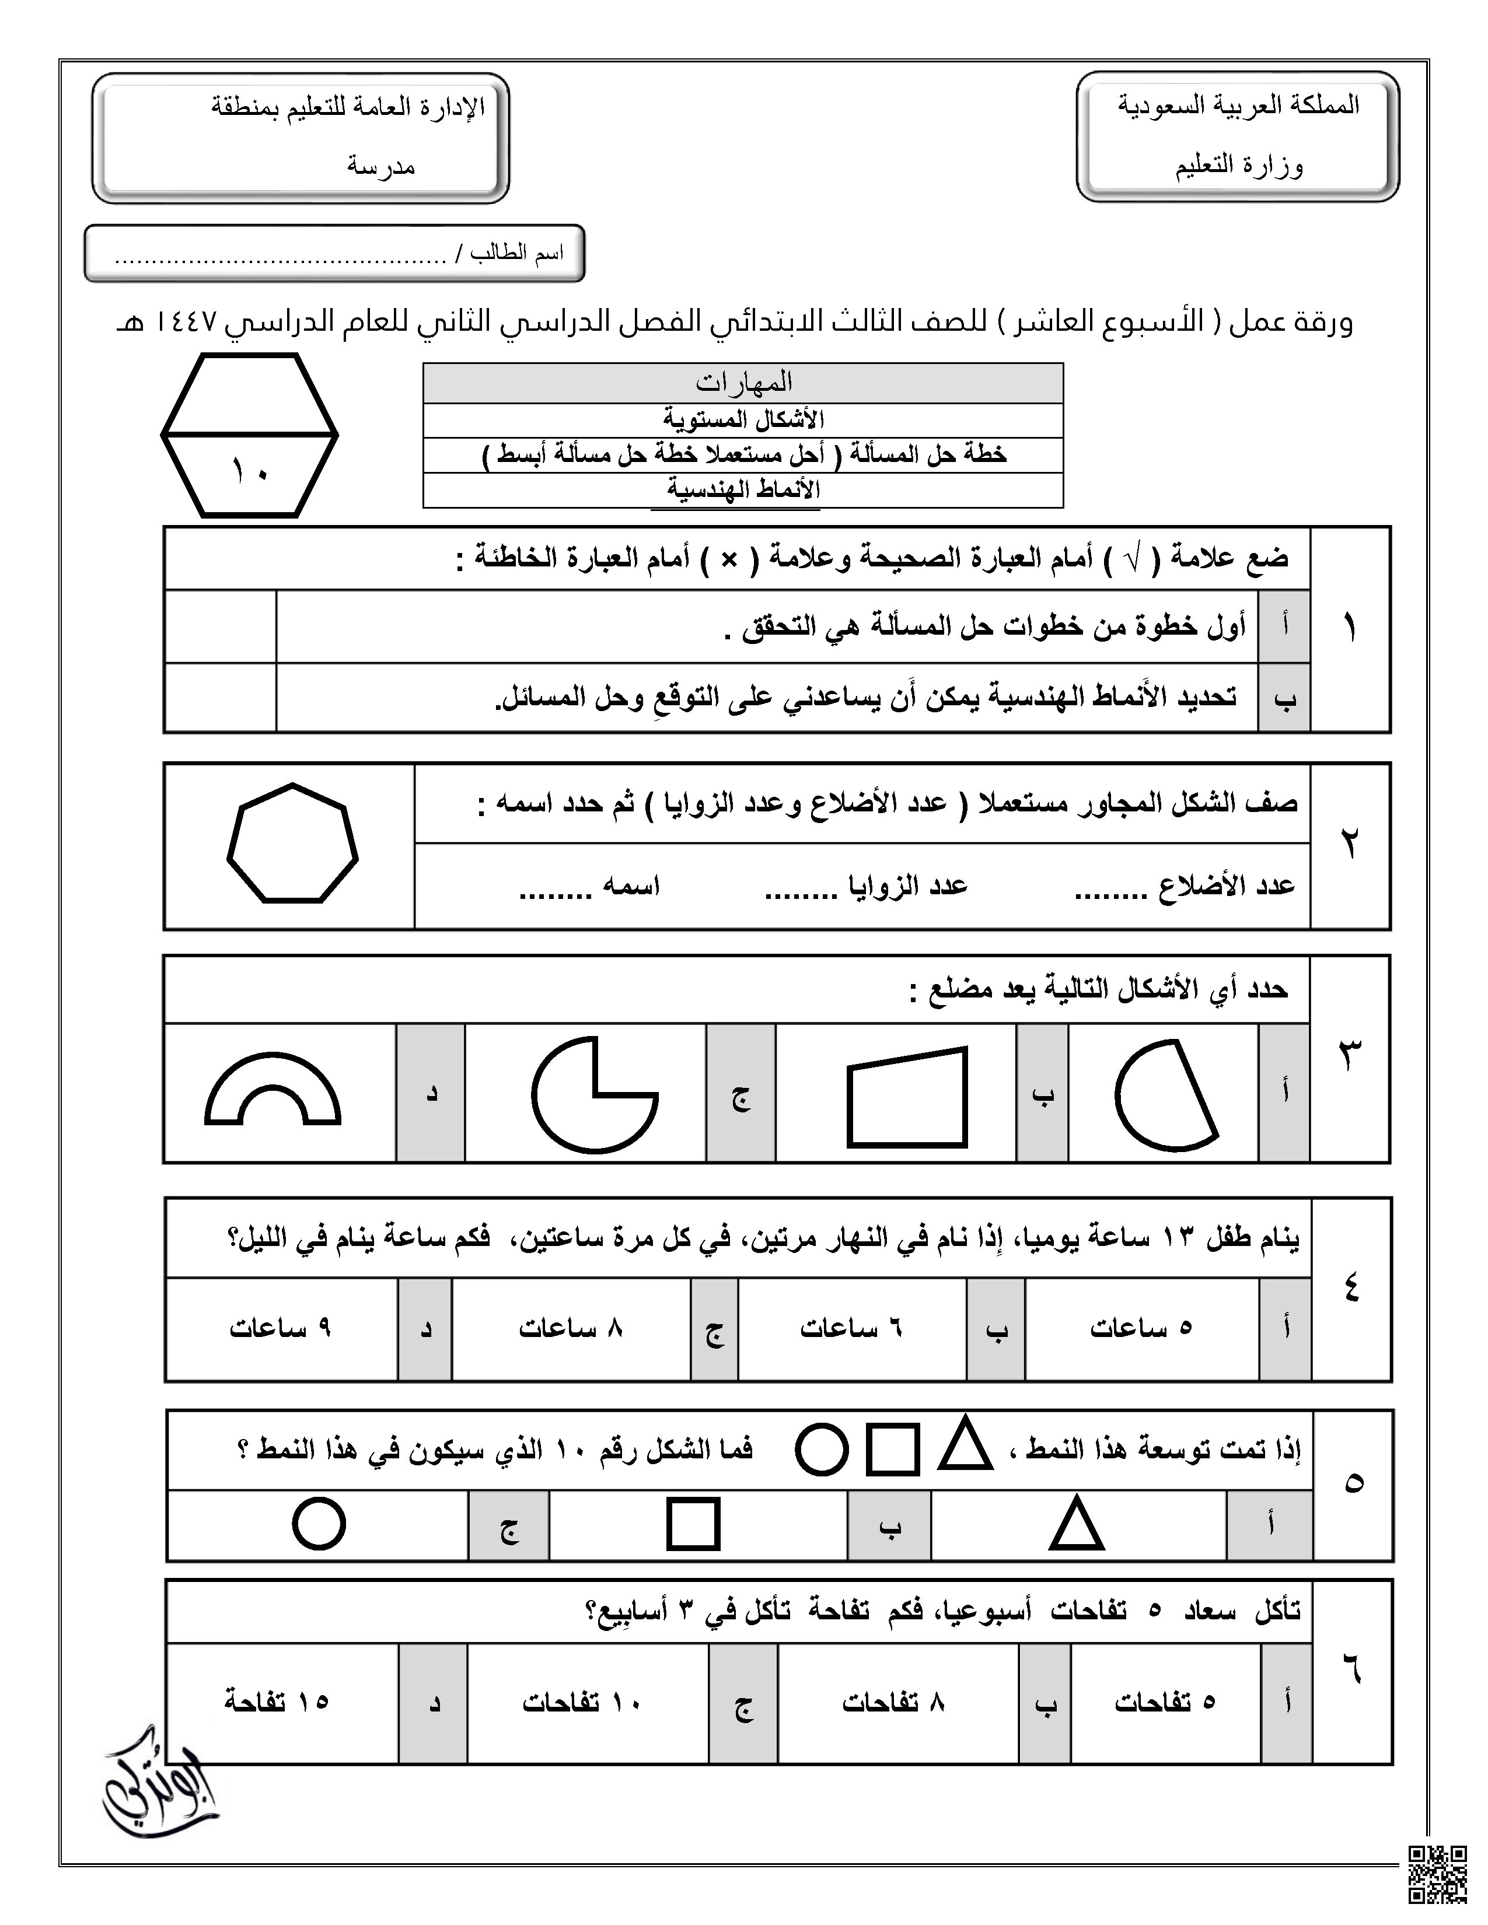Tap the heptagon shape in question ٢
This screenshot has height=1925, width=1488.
click(x=293, y=843)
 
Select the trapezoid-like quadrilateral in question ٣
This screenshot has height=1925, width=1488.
click(x=907, y=1097)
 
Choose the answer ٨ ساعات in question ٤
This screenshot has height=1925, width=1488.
click(x=570, y=1328)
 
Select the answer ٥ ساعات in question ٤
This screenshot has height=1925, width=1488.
click(x=1141, y=1328)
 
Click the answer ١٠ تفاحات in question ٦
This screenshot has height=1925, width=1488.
click(x=581, y=1702)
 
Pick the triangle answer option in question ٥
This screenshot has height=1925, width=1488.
click(x=1077, y=1524)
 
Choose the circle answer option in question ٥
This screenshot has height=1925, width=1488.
click(x=318, y=1523)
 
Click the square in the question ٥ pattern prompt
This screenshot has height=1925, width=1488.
click(x=892, y=1449)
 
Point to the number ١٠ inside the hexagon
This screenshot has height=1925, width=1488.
click(x=250, y=471)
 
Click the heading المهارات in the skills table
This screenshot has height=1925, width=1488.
click(x=743, y=383)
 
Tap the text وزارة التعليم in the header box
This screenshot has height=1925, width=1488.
click(x=1238, y=166)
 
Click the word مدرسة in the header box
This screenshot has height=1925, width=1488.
click(x=381, y=166)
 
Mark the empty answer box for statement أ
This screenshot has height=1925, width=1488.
click(x=221, y=626)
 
